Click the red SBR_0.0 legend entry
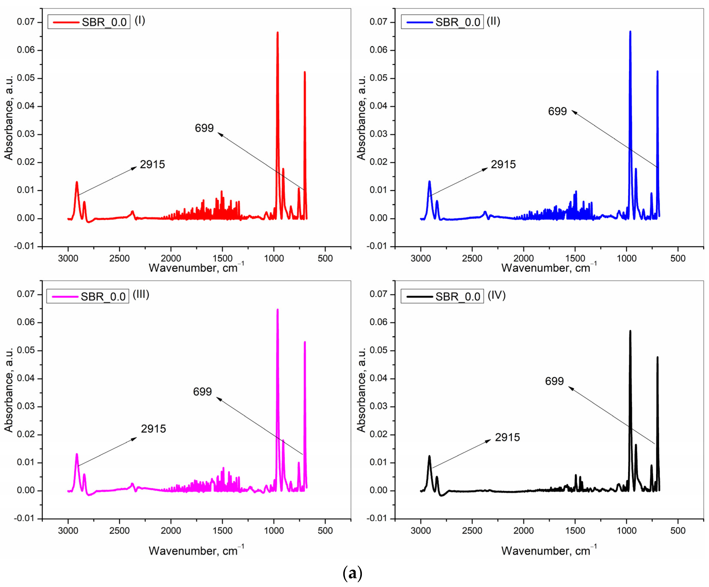[89, 22]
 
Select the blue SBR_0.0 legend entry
[442, 22]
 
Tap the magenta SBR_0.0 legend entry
[88, 296]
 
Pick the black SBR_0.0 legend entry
[442, 296]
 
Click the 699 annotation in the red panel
[204, 128]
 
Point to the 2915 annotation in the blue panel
[503, 165]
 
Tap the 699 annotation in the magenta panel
[202, 392]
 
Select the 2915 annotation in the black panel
[507, 437]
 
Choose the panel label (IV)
[496, 295]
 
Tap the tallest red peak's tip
[278, 32]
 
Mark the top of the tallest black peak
[630, 331]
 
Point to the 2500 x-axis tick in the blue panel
[472, 258]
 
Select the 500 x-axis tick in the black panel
[678, 531]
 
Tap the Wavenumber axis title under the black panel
[549, 551]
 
